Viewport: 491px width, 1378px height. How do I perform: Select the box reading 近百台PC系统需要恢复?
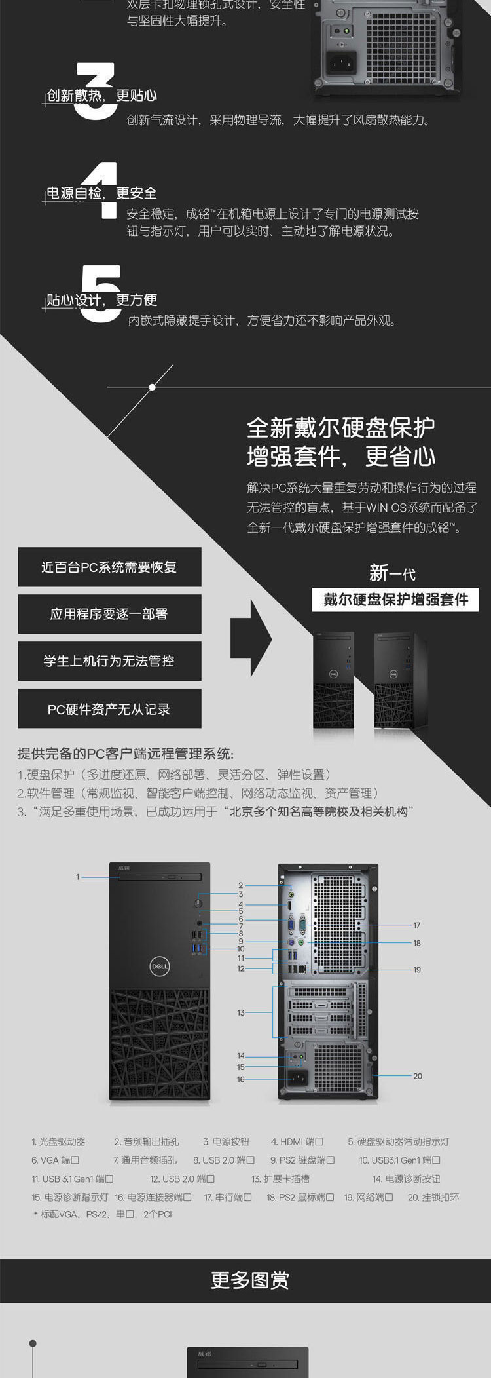(x=109, y=567)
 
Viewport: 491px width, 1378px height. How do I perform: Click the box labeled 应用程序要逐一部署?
(x=109, y=614)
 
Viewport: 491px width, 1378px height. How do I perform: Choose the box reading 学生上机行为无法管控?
(x=109, y=661)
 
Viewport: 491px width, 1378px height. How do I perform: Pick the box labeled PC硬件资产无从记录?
(x=109, y=708)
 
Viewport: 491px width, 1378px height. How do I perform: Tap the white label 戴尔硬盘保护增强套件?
(x=395, y=600)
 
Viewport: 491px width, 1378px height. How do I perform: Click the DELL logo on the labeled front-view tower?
(x=160, y=966)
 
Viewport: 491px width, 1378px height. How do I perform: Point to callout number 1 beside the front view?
(x=77, y=877)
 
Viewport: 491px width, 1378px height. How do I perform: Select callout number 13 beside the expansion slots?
(x=240, y=1012)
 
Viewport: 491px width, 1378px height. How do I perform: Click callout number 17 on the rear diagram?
(x=417, y=925)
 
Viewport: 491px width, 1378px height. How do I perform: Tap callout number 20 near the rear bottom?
(x=418, y=1076)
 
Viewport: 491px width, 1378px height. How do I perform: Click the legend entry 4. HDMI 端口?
(x=297, y=1141)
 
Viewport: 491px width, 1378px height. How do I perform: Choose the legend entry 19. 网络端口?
(x=369, y=1197)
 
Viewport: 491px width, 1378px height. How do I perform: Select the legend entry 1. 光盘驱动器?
(x=58, y=1141)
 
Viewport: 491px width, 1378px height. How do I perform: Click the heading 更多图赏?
(x=249, y=1280)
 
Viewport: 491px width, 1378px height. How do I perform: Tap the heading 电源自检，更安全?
(x=101, y=193)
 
